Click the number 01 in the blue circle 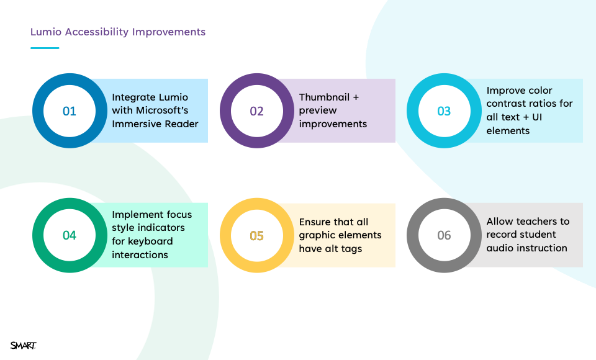(x=69, y=111)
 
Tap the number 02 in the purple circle (x=256, y=111)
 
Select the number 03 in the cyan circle (x=444, y=111)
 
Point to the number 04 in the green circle (x=69, y=235)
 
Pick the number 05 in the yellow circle (x=256, y=236)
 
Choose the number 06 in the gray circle (x=444, y=235)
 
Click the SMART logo (x=23, y=345)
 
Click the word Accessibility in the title (x=97, y=32)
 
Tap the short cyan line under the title (x=45, y=48)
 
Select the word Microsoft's (x=162, y=110)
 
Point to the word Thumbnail (x=324, y=97)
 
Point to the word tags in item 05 (x=351, y=249)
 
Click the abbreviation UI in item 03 (x=537, y=117)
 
